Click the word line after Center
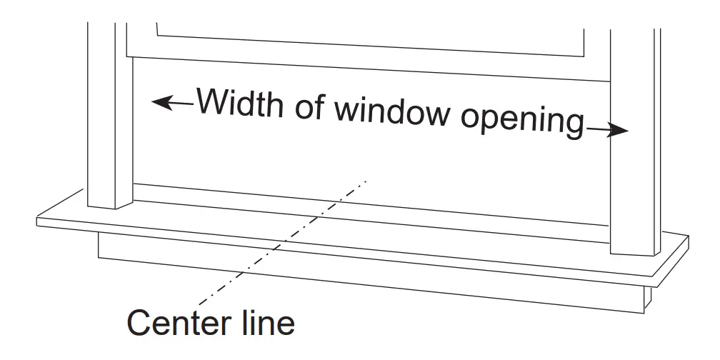pyautogui.click(x=266, y=323)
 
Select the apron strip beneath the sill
pyautogui.click(x=371, y=275)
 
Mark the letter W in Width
pyautogui.click(x=212, y=102)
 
